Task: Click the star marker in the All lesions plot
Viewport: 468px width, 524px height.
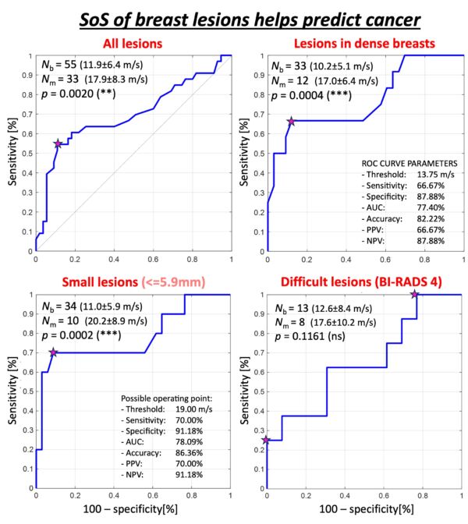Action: [x=58, y=143]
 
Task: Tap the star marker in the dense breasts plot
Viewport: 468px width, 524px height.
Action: [x=291, y=121]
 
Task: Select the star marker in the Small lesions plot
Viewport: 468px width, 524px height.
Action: [x=53, y=352]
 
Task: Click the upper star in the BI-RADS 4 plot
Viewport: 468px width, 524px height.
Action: [x=415, y=294]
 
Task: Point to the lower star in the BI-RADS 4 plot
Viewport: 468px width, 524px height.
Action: [x=267, y=441]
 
